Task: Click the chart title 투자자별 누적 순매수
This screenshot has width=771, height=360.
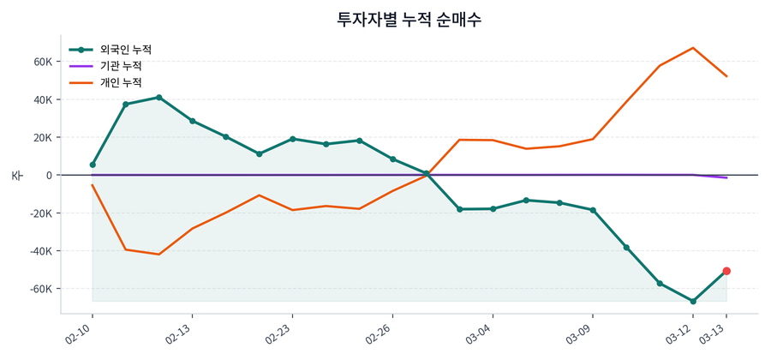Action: [x=409, y=20]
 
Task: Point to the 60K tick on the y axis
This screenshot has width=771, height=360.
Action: [x=43, y=62]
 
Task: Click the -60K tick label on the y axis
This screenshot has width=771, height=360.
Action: [x=41, y=289]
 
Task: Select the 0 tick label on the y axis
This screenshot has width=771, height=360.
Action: [x=49, y=175]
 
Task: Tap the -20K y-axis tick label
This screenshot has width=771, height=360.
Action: [x=41, y=213]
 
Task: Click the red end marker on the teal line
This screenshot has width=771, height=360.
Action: [x=726, y=271]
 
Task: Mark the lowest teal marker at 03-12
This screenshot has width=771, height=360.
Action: [x=693, y=301]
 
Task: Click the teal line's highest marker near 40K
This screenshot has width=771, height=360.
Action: [x=159, y=98]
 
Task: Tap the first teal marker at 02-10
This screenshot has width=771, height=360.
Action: [x=93, y=165]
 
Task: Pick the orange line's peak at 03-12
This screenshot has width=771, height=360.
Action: [x=693, y=48]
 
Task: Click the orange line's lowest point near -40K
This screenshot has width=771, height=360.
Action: [x=159, y=255]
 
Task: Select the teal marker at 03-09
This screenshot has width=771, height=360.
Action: [x=593, y=210]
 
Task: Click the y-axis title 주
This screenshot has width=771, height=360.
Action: [x=16, y=175]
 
